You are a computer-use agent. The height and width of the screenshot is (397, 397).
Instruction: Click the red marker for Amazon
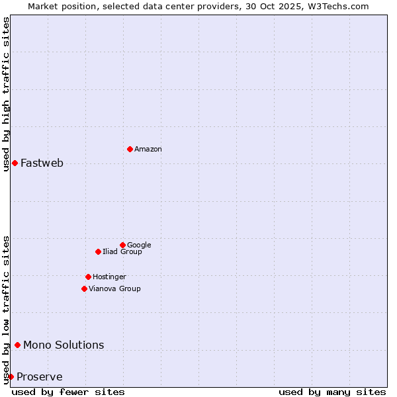tap(130, 149)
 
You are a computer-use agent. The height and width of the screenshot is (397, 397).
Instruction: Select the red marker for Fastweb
tap(15, 163)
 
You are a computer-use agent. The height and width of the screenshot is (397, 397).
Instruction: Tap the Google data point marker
tap(122, 245)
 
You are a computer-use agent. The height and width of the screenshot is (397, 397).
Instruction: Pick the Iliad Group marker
tap(98, 251)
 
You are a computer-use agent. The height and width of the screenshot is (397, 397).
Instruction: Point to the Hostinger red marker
tap(88, 277)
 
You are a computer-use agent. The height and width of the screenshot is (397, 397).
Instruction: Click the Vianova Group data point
tap(84, 288)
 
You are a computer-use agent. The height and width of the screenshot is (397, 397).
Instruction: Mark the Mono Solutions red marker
tap(17, 345)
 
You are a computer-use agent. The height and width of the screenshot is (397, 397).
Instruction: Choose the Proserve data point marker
tap(11, 376)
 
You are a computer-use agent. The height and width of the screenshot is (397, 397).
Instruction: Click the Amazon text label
tap(148, 150)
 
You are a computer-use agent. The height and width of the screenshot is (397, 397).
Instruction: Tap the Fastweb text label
tap(42, 163)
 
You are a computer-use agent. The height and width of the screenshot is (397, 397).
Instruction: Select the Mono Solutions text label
tap(64, 345)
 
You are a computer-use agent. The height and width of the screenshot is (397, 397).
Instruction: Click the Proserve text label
tap(40, 377)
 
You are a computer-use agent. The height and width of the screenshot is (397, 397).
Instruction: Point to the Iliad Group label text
tap(122, 252)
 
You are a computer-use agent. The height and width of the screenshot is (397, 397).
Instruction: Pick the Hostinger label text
tap(109, 277)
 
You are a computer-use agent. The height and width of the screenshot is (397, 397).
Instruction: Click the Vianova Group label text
tap(114, 289)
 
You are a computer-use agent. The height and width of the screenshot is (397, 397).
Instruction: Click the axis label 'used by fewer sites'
tap(68, 392)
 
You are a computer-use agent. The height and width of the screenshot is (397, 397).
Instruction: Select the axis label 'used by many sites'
tap(332, 392)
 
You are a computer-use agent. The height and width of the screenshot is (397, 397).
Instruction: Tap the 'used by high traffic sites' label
tap(6, 94)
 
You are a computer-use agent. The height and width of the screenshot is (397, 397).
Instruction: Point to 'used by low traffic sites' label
tap(6, 309)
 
